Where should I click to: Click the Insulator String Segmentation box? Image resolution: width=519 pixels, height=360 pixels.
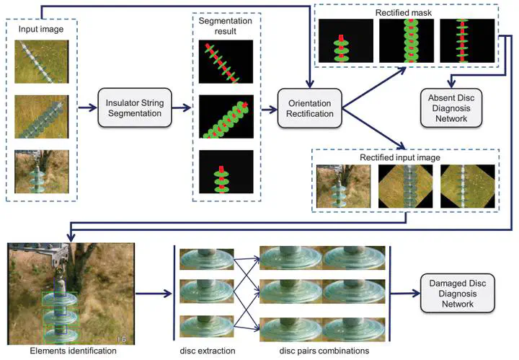point(135,107)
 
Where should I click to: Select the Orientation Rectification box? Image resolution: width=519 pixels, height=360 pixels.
point(309,108)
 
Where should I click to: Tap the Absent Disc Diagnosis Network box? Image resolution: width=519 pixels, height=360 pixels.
point(451,108)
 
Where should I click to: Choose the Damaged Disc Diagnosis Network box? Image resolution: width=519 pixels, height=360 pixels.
point(458,294)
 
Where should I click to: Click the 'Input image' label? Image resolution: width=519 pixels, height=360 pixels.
point(41,29)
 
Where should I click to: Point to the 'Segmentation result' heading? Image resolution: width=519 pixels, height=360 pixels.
point(226,26)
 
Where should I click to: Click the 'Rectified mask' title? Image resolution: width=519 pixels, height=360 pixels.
point(404,12)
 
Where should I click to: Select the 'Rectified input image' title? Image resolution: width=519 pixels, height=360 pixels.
point(400,157)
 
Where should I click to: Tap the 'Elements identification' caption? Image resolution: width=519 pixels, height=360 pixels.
point(73,351)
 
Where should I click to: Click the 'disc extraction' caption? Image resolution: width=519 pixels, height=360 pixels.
point(208,351)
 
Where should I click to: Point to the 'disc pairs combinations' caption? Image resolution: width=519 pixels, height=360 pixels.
point(324,351)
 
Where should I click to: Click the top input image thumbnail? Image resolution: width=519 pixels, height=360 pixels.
point(42,61)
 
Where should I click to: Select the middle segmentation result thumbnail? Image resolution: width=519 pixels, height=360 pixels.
point(226,117)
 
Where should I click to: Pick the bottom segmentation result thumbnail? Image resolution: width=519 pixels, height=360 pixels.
point(226,172)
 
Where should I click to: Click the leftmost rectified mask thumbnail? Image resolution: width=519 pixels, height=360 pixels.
point(346,40)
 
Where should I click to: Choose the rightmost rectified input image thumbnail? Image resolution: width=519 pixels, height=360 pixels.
point(468,186)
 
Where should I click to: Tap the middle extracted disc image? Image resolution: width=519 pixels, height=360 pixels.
point(207,291)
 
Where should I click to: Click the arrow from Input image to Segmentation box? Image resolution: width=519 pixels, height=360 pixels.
point(87,107)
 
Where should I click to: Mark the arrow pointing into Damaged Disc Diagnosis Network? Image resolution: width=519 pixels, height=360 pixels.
point(405,293)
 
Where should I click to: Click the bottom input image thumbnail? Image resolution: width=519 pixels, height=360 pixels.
point(42,172)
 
